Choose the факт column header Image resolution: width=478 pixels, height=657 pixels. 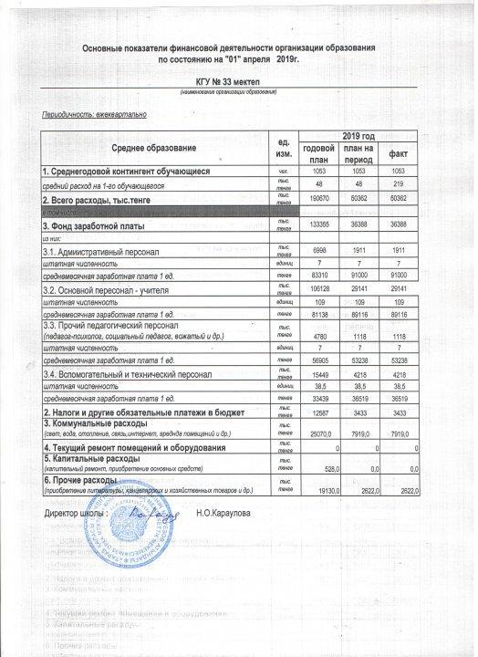pos(398,152)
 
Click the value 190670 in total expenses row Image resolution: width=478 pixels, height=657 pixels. pos(320,196)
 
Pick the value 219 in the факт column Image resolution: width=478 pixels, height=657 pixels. pos(400,183)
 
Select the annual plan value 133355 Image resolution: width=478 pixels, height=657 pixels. pos(320,224)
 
